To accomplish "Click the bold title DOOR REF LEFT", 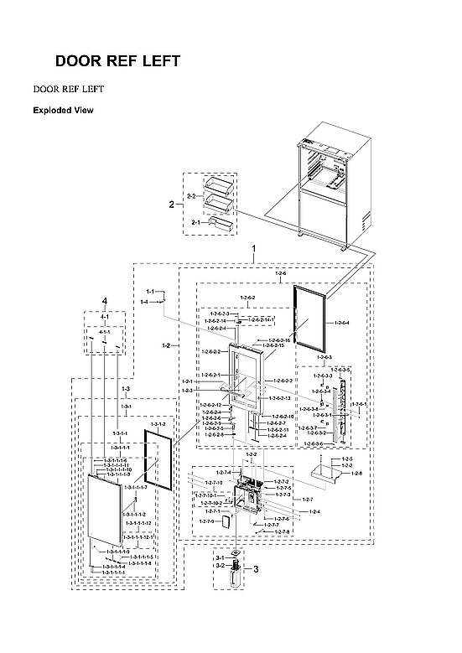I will (x=117, y=62).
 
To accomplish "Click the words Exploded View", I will (x=63, y=110).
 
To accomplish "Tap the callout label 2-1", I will (x=195, y=222).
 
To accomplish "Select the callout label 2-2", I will (x=190, y=196).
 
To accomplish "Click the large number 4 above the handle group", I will (x=105, y=300).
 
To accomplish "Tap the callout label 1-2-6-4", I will (x=341, y=323).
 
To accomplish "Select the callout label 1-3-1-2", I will (x=158, y=426).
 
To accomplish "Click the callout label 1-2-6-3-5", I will (x=340, y=370).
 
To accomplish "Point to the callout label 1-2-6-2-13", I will (x=280, y=398).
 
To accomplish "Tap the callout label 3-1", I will (x=221, y=557).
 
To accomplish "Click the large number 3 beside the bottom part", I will (x=255, y=569).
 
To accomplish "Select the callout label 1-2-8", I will (x=356, y=474).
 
